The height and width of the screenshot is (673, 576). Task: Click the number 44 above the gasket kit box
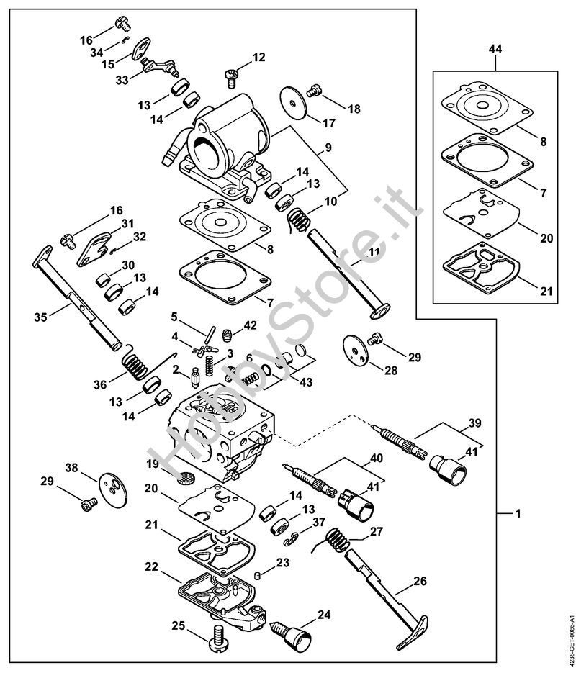[x=495, y=49]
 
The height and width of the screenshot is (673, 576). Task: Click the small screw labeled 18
[x=314, y=91]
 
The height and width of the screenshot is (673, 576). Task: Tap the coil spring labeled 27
[x=337, y=541]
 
